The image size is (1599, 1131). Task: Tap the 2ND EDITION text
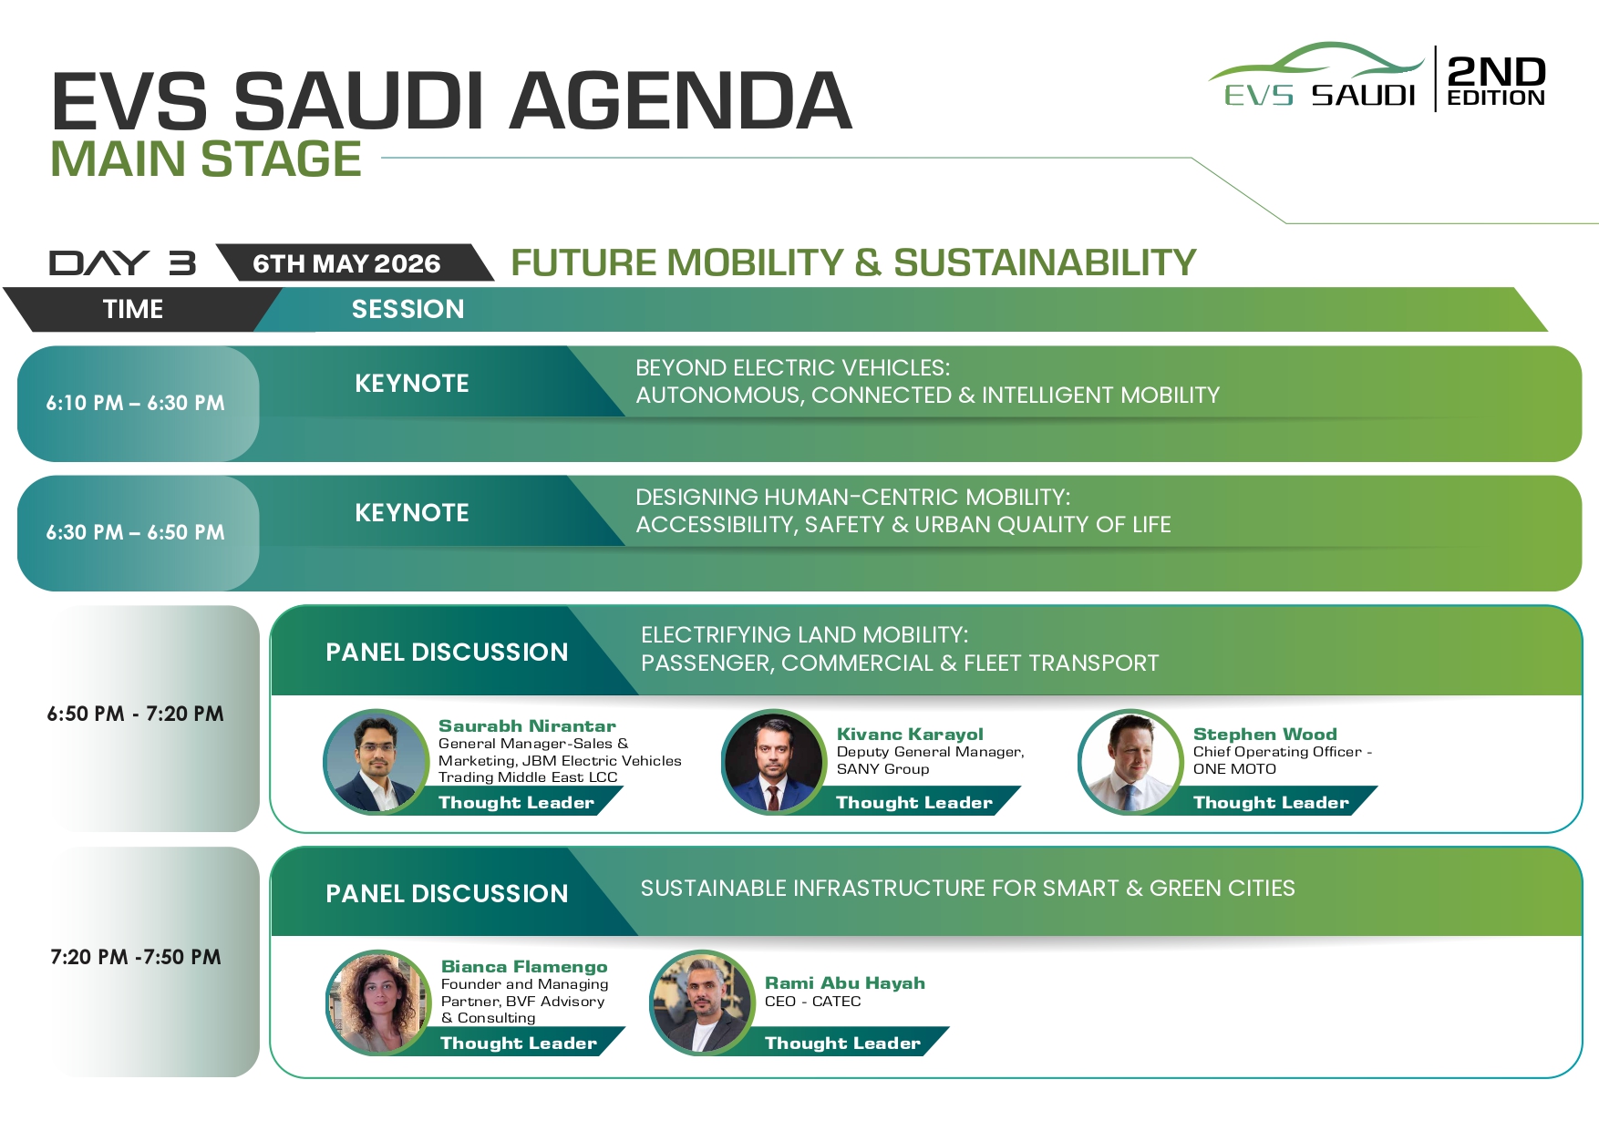pos(1496,80)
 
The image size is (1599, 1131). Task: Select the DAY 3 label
pos(122,262)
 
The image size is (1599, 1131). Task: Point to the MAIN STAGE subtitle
pos(206,159)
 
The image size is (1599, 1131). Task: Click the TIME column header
pos(133,309)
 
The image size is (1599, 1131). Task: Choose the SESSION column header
pos(407,309)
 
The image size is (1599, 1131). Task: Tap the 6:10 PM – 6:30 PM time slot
pos(135,403)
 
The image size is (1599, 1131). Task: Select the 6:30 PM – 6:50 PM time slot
pos(135,532)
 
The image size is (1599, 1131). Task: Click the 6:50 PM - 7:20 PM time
pos(135,714)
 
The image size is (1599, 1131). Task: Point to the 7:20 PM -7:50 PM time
pos(136,957)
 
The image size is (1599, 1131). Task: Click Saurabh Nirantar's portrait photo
pos(377,762)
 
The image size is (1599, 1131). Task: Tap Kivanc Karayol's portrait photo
pos(774,762)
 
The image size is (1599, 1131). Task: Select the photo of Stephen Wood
pos(1130,762)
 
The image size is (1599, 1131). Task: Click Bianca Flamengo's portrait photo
pos(378,1003)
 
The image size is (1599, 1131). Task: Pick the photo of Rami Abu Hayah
pos(703,1003)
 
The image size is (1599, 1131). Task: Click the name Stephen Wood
pos(1265,734)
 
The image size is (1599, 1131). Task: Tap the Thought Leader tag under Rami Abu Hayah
pos(842,1043)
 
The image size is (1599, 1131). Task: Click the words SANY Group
pos(882,768)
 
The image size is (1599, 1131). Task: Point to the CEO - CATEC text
pos(812,1001)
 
